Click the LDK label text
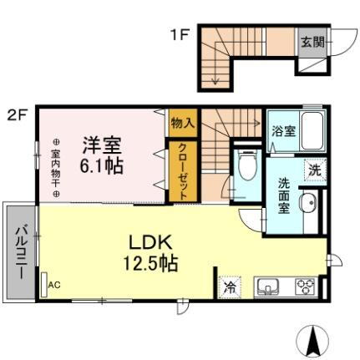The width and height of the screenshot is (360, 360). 151,241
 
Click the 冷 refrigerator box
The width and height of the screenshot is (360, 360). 230,287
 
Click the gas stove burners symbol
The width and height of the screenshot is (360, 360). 302,287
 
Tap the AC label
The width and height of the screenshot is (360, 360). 54,285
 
